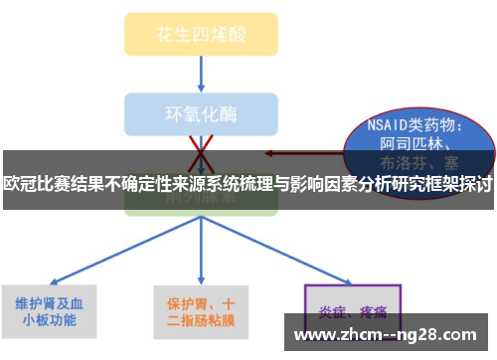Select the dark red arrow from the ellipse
(298, 154)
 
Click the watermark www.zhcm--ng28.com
(389, 333)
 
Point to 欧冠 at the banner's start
(18, 183)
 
